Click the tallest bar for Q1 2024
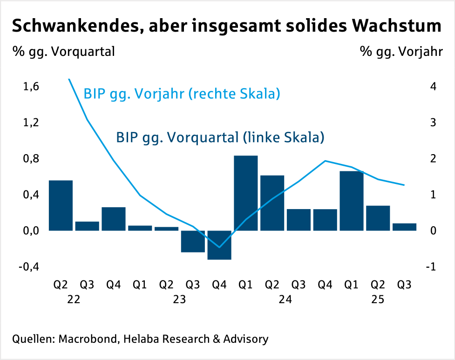(x=245, y=193)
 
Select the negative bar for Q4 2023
(x=219, y=245)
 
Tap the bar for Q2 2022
(x=61, y=205)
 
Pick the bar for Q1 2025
(x=351, y=201)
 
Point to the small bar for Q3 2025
(x=404, y=227)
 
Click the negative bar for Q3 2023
(x=193, y=241)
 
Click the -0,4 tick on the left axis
(x=27, y=267)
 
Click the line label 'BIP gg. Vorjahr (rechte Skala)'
(x=182, y=94)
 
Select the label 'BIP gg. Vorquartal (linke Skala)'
(x=220, y=138)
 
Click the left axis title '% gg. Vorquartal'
(x=63, y=51)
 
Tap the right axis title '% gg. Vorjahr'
(x=401, y=51)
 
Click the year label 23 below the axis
(x=179, y=299)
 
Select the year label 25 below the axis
(x=378, y=299)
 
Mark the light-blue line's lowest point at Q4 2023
(x=219, y=247)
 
